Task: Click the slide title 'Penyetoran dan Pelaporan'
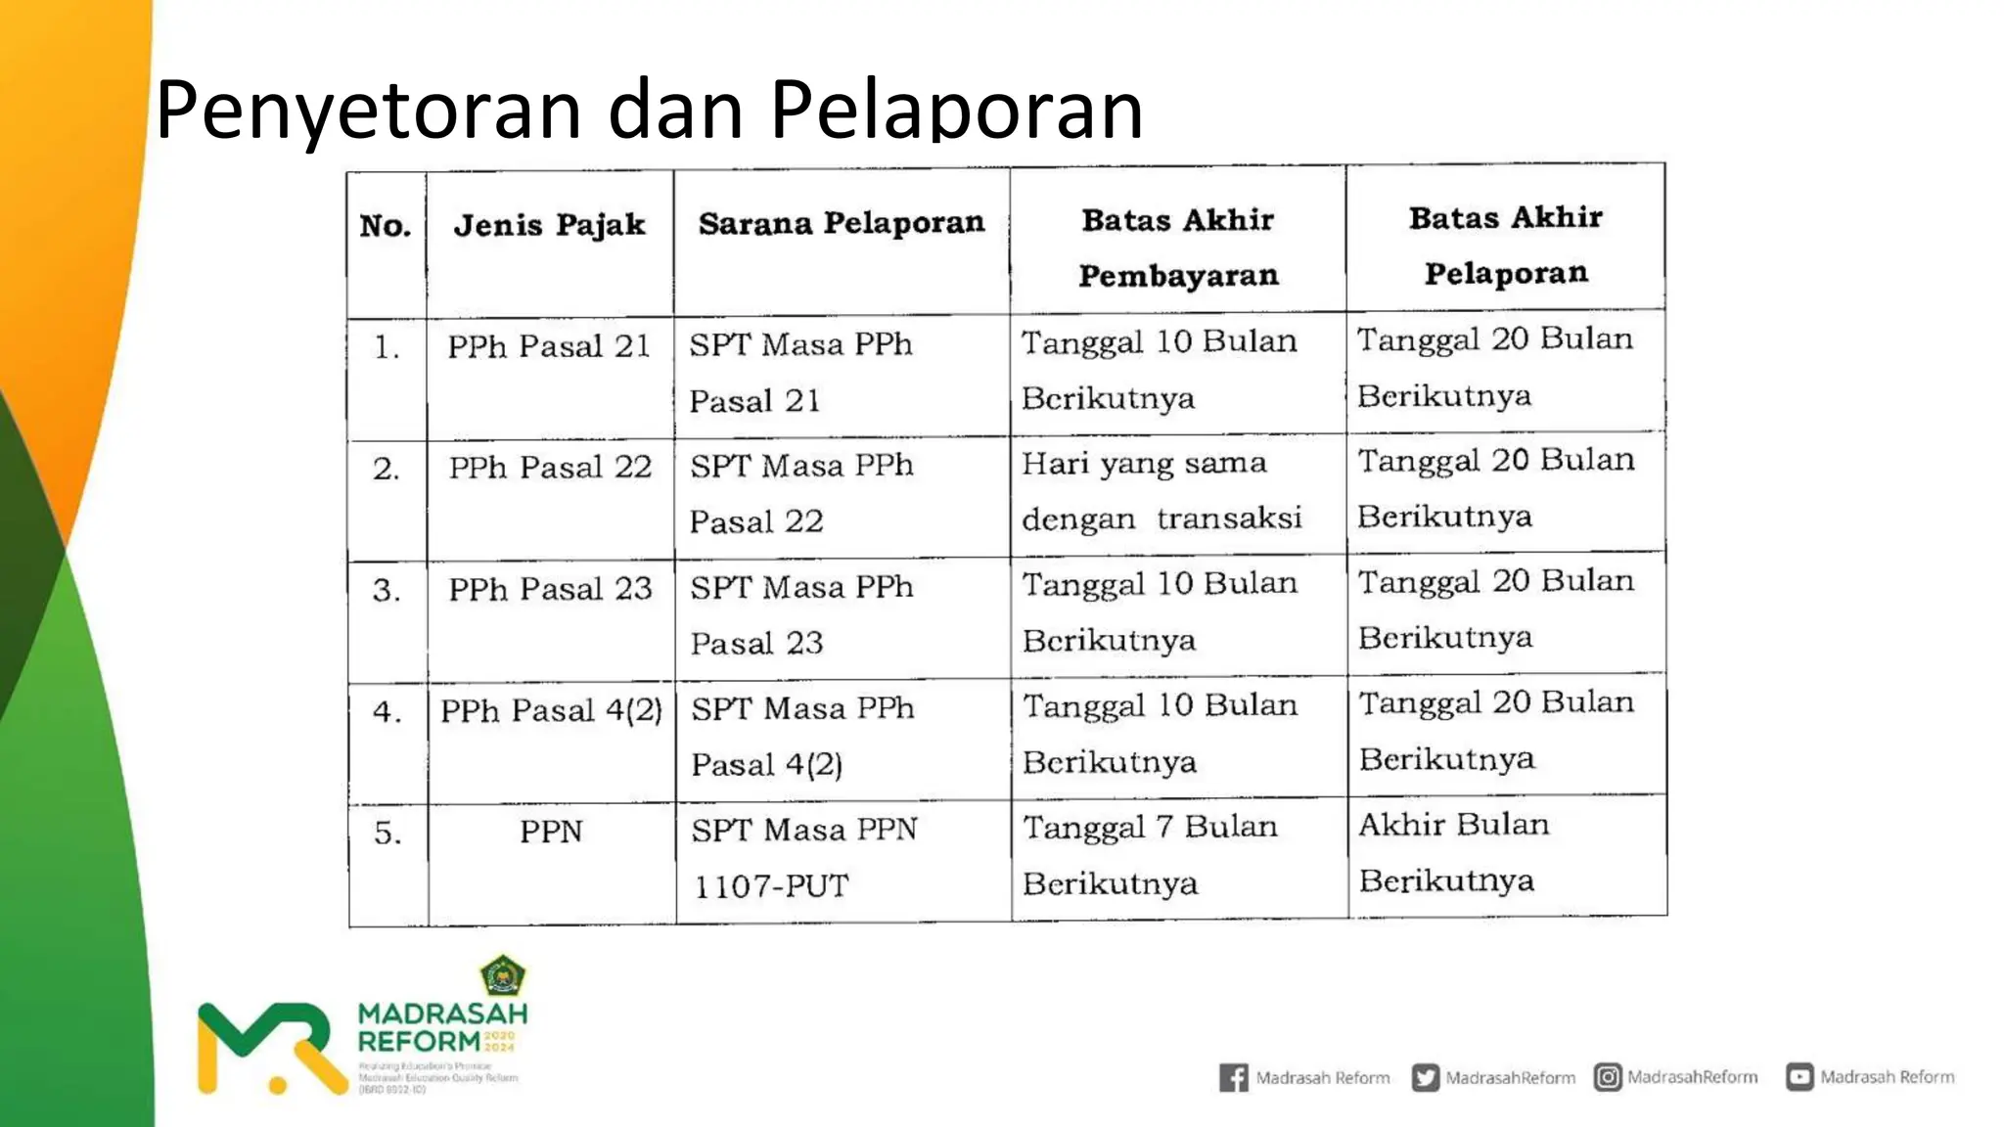pos(649,110)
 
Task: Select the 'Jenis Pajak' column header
pos(549,225)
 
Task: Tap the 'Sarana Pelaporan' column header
pos(842,223)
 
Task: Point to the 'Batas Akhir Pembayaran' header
pos(1178,248)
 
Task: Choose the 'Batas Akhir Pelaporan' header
pos(1506,245)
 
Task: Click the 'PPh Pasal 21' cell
pos(549,346)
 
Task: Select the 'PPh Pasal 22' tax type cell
pos(550,468)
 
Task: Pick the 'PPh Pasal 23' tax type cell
pos(550,589)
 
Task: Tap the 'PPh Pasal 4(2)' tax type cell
pos(551,710)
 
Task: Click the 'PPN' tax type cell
pos(551,832)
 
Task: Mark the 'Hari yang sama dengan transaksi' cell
pos(1161,490)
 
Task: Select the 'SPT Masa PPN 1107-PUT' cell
pos(804,857)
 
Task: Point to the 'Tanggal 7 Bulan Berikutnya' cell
pos(1150,854)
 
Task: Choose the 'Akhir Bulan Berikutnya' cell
pos(1453,851)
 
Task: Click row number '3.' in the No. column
pos(387,590)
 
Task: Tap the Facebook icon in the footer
pos(1233,1077)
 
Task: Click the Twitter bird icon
pos(1425,1077)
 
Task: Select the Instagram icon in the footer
pos(1608,1077)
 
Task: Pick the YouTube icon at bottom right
pos(1799,1077)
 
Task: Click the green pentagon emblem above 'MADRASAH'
pos(502,975)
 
